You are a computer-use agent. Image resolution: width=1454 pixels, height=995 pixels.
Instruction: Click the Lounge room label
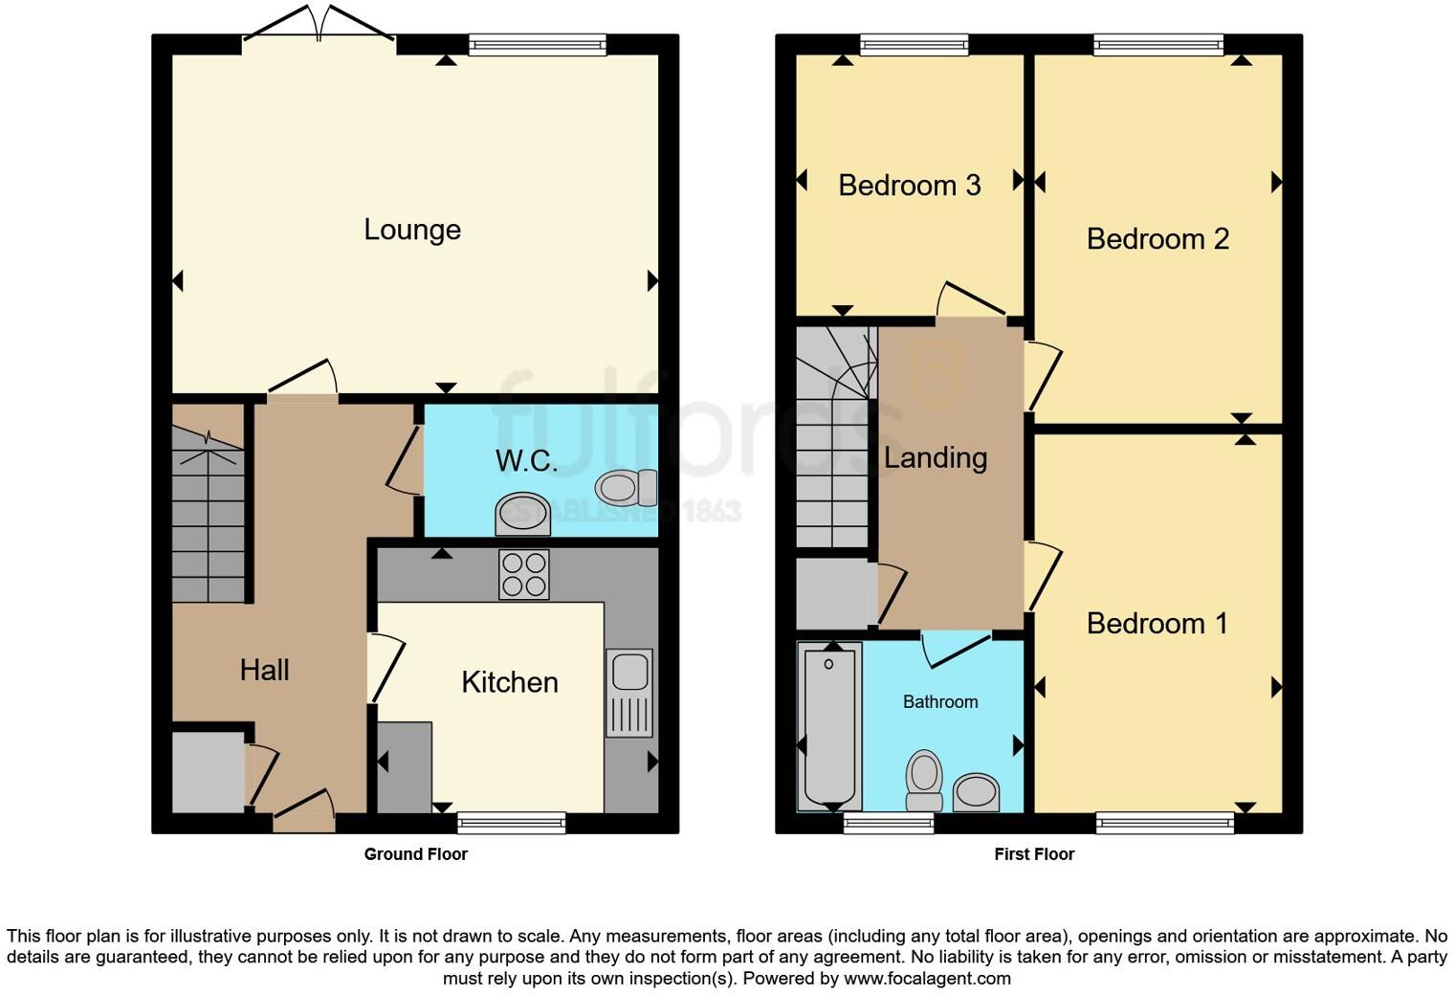point(412,230)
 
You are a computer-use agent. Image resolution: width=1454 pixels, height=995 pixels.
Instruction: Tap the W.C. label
point(526,461)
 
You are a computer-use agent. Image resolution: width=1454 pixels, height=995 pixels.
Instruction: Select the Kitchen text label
point(509,682)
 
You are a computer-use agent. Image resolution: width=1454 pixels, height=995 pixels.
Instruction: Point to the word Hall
point(264,670)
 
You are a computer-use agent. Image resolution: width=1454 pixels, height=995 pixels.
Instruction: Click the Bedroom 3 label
point(909,185)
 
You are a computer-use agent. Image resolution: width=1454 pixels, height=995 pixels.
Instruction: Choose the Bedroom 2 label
point(1157,238)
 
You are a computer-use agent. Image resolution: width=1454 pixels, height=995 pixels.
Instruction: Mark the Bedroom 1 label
point(1157,624)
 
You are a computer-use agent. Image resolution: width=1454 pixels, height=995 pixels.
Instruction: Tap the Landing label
point(935,457)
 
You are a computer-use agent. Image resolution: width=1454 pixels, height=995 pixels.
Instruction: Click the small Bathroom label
point(940,701)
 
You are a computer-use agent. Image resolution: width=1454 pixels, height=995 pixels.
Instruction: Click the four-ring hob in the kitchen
point(523,574)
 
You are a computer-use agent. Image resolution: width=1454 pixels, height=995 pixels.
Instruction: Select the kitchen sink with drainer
point(628,693)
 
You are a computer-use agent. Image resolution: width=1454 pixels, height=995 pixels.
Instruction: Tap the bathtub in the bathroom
point(829,725)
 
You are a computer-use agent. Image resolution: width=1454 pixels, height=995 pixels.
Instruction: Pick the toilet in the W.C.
point(627,488)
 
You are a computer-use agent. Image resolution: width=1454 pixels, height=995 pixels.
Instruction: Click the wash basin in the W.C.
point(522,515)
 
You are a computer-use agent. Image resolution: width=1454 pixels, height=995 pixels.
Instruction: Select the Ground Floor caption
point(415,854)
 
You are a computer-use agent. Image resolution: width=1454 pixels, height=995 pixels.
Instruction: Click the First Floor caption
point(1034,854)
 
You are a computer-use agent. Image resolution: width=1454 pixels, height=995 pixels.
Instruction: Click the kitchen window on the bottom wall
point(511,823)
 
